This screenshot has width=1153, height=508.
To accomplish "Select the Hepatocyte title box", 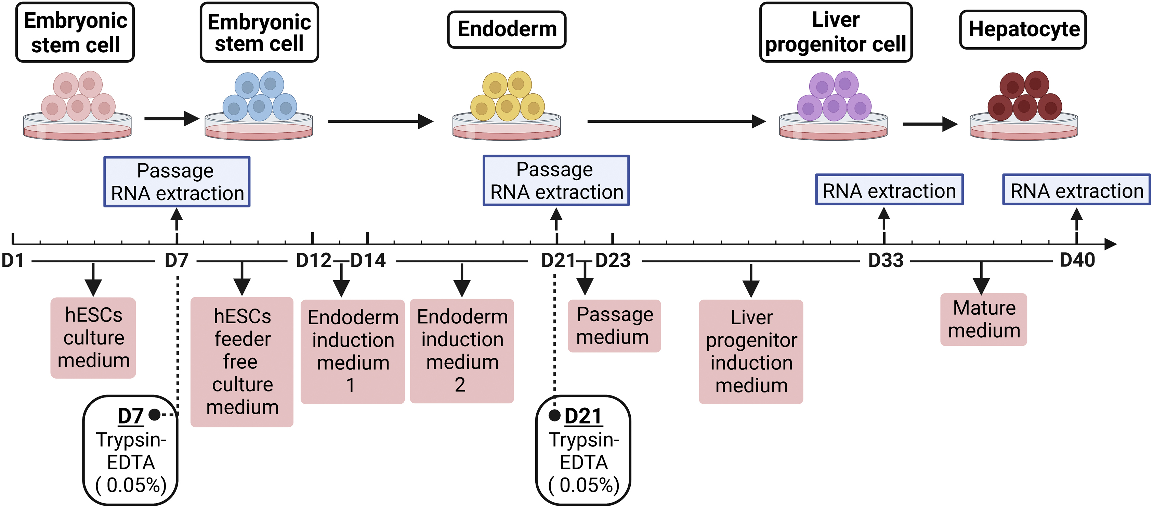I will click(x=1023, y=29).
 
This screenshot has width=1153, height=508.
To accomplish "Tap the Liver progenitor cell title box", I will click(x=835, y=32).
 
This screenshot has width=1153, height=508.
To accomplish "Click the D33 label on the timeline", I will click(x=886, y=260).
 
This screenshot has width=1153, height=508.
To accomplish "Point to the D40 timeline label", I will click(x=1077, y=260).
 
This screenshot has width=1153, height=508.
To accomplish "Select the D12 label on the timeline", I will click(x=313, y=260).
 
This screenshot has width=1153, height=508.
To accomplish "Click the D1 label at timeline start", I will click(x=13, y=260).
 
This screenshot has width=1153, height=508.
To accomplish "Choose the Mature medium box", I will click(x=983, y=320).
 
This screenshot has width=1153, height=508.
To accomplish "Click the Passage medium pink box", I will click(x=614, y=326).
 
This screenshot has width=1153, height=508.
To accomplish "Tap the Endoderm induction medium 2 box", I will click(x=462, y=351).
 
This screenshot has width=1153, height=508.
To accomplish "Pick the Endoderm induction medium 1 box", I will click(x=353, y=352).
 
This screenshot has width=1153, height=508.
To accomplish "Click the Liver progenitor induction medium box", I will click(x=751, y=352).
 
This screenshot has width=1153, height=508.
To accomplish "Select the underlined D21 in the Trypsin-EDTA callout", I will click(x=583, y=417).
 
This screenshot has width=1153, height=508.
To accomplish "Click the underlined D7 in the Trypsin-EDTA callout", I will click(x=130, y=417).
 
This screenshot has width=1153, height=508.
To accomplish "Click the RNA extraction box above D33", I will click(x=889, y=190).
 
